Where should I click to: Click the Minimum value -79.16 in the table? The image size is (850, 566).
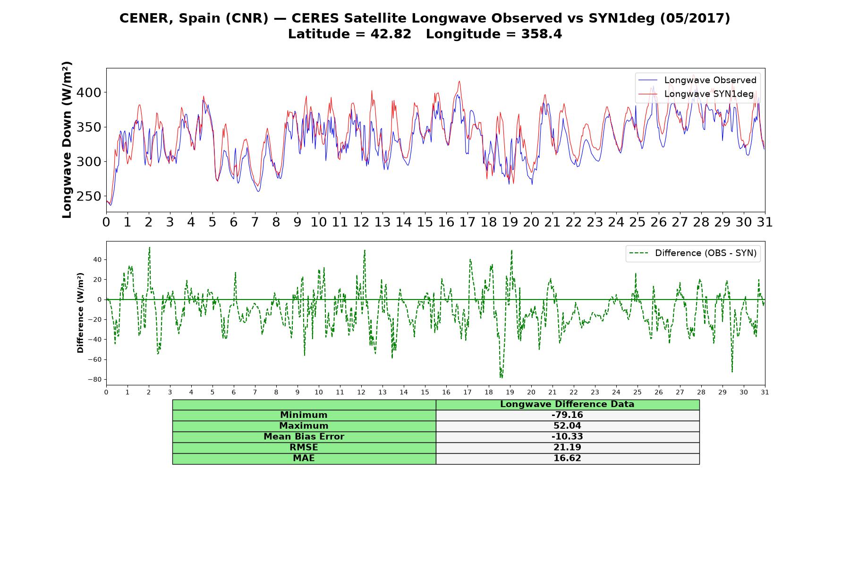[x=567, y=415]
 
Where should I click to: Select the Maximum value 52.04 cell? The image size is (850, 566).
[x=567, y=426]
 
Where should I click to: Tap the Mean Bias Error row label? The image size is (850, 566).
[x=304, y=437]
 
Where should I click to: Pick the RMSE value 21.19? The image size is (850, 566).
[x=567, y=448]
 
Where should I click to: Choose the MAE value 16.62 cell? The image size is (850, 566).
[x=567, y=458]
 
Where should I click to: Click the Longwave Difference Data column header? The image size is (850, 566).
[x=567, y=404]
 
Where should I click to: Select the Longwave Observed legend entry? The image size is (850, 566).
[x=697, y=80]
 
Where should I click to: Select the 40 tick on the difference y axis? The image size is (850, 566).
[x=97, y=259]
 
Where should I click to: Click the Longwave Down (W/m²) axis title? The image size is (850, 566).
[x=67, y=140]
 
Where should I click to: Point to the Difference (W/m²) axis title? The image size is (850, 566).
[x=80, y=313]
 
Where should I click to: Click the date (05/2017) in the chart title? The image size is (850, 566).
[x=695, y=18]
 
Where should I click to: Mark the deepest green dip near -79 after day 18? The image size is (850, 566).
[x=501, y=377]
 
